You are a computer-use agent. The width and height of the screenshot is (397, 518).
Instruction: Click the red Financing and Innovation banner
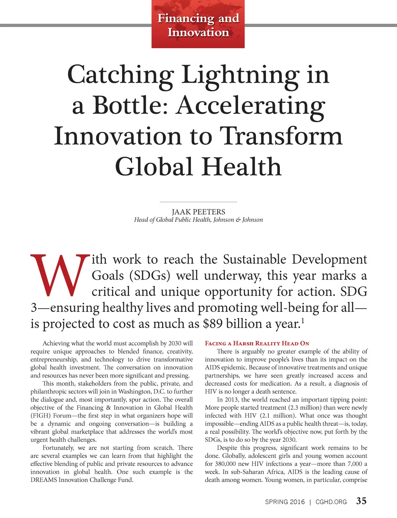click(x=198, y=25)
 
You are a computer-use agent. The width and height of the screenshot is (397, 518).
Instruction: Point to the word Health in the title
click(x=241, y=167)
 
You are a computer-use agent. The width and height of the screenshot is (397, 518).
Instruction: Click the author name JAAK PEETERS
click(x=198, y=212)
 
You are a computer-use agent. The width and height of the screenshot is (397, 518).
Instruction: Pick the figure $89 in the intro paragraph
click(x=212, y=323)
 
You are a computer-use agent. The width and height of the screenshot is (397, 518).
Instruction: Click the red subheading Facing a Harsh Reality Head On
click(x=257, y=343)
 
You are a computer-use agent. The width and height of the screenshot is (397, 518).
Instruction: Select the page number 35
click(x=361, y=501)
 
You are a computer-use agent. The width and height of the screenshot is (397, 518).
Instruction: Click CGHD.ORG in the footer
click(x=331, y=502)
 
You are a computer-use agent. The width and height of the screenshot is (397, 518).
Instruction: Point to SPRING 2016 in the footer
click(x=285, y=502)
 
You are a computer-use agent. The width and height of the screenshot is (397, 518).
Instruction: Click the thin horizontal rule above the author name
click(x=198, y=202)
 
